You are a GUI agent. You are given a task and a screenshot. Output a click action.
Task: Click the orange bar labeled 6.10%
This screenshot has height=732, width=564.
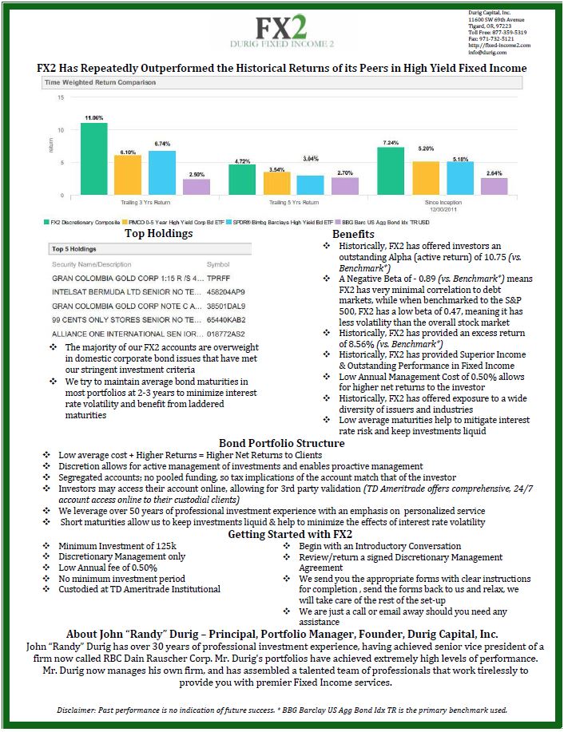(x=128, y=174)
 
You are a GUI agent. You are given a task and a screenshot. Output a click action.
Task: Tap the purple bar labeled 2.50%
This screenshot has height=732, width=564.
(x=197, y=186)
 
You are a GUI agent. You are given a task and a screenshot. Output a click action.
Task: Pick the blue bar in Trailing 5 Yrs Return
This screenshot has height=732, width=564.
(x=311, y=185)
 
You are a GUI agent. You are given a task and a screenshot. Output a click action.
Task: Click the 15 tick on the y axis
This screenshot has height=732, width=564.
(x=61, y=97)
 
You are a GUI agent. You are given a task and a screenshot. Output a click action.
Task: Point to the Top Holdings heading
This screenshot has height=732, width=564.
(x=158, y=234)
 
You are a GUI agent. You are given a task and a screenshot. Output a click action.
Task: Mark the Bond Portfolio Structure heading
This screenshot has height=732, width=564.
(x=281, y=443)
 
